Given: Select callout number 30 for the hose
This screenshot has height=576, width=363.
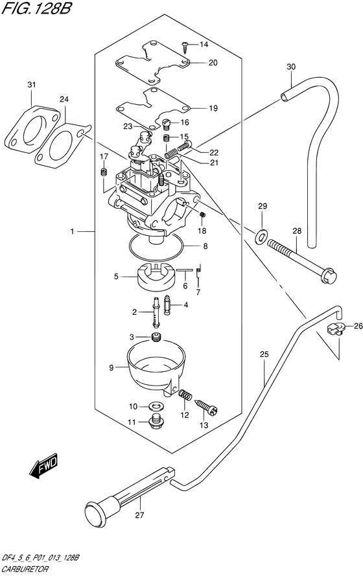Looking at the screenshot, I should click(x=290, y=67).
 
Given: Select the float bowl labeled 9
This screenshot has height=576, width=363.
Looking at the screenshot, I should click(x=156, y=370).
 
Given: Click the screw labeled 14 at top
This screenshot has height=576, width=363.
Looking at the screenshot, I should click(x=185, y=45).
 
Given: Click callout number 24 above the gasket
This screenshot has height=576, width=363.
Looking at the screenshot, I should click(x=64, y=99).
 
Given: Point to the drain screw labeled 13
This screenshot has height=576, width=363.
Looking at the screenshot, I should click(x=210, y=408).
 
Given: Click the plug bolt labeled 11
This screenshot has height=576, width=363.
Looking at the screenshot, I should click(x=156, y=422).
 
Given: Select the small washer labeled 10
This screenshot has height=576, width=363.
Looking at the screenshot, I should click(x=155, y=406).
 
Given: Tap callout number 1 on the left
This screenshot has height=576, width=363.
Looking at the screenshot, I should click(x=74, y=231).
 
